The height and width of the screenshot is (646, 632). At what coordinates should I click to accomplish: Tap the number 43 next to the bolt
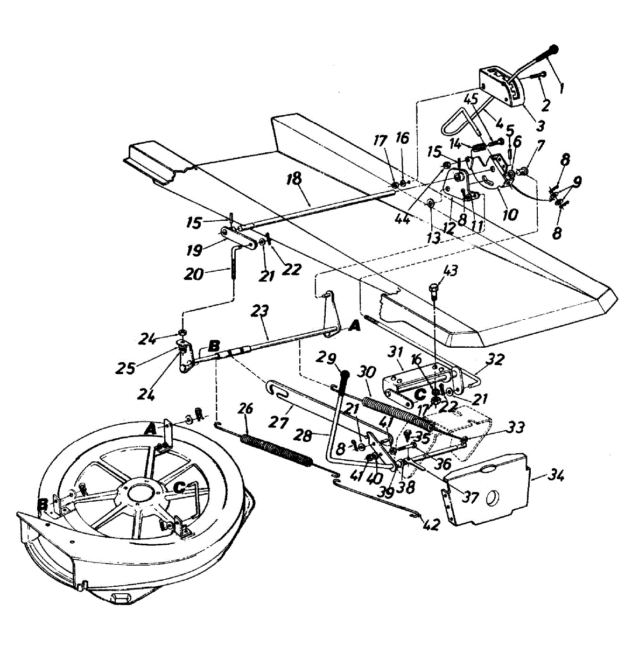[450, 270]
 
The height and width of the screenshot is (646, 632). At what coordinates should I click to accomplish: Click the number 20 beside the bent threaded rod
[194, 275]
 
